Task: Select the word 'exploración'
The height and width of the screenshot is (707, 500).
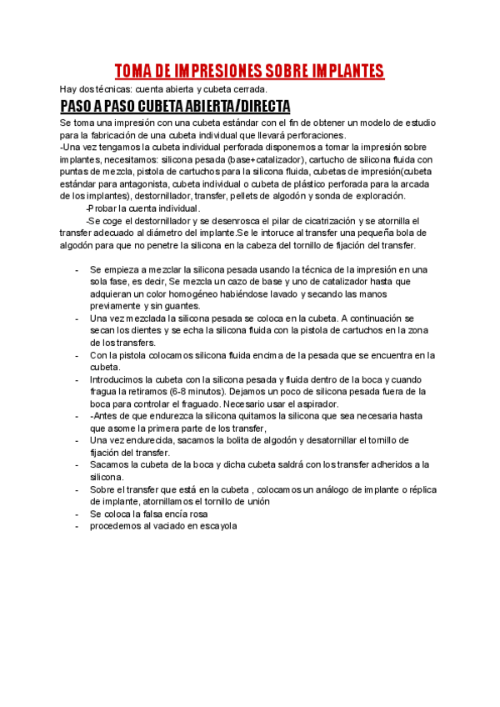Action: pyautogui.click(x=379, y=196)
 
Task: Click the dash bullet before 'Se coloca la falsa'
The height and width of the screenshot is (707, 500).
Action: pyautogui.click(x=77, y=514)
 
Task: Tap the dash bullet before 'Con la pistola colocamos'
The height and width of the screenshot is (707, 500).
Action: pyautogui.click(x=77, y=355)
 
